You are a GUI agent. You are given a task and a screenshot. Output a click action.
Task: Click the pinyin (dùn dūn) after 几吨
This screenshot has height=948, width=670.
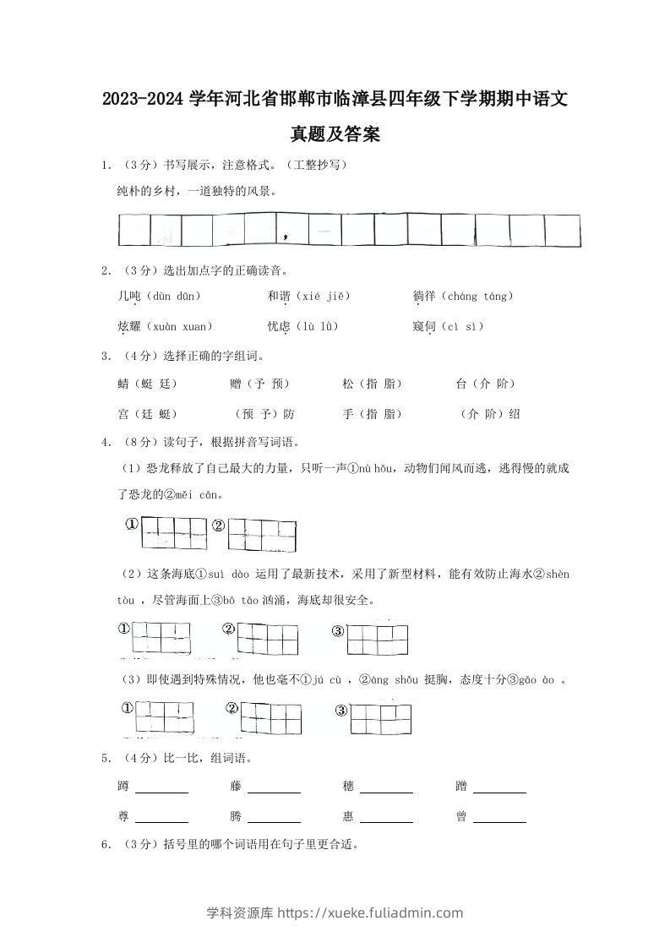(172, 297)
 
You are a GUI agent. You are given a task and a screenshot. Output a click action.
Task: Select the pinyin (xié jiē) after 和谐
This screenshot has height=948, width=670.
(320, 297)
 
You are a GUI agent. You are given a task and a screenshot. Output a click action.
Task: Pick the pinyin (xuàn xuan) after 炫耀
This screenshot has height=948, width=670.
(179, 326)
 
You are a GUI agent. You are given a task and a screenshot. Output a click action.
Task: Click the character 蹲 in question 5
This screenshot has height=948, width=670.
(124, 787)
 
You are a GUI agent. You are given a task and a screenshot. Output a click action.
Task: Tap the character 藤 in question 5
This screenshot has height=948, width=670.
(236, 787)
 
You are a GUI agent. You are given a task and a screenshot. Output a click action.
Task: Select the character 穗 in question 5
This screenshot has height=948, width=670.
(348, 787)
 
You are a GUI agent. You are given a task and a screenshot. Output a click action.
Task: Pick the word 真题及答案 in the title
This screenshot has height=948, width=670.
(335, 134)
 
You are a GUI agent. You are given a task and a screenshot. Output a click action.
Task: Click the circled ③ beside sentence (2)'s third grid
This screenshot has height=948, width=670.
(338, 631)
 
